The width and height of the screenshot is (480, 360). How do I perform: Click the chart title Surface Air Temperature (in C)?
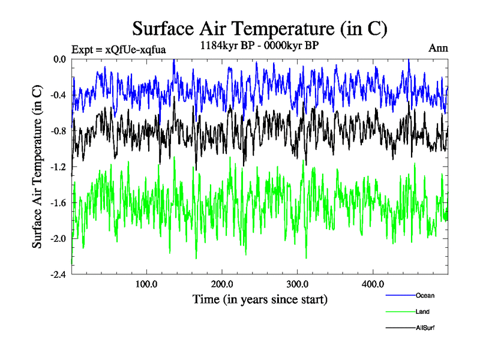click(x=259, y=28)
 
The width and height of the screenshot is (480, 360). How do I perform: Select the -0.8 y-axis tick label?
click(x=58, y=131)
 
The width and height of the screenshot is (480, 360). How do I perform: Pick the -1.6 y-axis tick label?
click(x=58, y=202)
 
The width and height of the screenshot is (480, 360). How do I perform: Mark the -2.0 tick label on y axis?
click(x=58, y=238)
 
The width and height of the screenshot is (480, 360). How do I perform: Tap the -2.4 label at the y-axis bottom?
click(x=58, y=274)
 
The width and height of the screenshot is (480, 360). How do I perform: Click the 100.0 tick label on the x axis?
click(x=147, y=284)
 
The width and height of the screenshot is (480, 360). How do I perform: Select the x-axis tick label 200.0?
click(x=223, y=284)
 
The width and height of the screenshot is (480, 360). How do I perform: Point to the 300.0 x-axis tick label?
click(x=298, y=284)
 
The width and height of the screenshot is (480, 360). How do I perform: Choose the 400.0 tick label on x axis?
click(x=373, y=284)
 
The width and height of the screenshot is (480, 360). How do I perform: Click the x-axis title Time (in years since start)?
click(x=260, y=299)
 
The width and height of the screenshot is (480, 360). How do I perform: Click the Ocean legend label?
click(x=424, y=295)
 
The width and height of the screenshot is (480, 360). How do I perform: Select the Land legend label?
click(x=422, y=311)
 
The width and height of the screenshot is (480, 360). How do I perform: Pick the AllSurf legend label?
click(x=425, y=328)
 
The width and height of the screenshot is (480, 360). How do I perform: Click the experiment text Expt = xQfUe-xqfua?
click(x=118, y=49)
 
